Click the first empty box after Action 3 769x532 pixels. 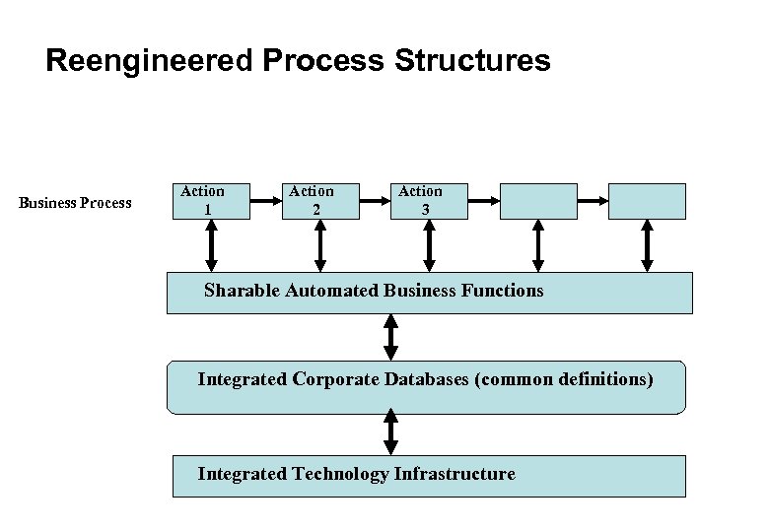[x=538, y=200]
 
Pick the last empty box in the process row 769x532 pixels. [x=647, y=200]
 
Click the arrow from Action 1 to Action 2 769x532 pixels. [x=264, y=201]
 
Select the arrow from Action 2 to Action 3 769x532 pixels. [x=374, y=201]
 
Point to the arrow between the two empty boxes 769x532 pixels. [x=593, y=201]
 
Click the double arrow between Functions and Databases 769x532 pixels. [x=391, y=337]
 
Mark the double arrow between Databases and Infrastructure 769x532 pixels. [x=391, y=433]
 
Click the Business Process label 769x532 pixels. [x=75, y=203]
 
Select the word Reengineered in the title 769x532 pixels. [x=150, y=61]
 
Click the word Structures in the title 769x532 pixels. [x=472, y=61]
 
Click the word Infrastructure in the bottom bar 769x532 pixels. [x=454, y=474]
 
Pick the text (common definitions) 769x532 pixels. [x=563, y=378]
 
